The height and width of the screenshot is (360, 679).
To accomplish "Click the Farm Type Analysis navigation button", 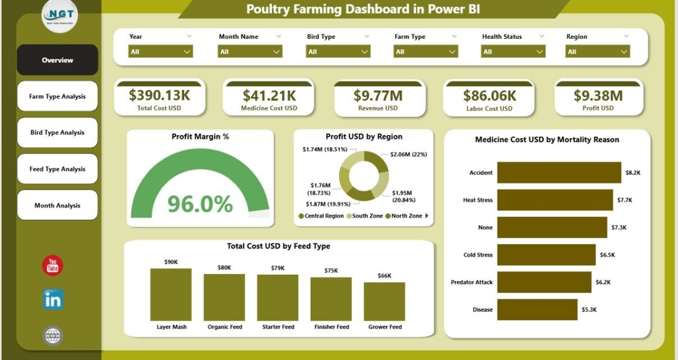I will click(x=57, y=96).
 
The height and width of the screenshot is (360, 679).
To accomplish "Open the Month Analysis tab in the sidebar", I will click(x=57, y=205).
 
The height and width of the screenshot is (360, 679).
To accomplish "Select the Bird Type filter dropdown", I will click(x=338, y=52).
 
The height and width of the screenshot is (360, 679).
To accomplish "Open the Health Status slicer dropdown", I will click(x=513, y=52).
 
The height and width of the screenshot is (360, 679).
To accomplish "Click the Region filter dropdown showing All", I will click(x=598, y=52).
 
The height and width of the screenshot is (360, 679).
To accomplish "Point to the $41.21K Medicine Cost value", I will click(x=269, y=95).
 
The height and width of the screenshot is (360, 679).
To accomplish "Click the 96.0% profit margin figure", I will click(x=200, y=204).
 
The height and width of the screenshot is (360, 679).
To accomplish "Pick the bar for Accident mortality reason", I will click(x=559, y=173).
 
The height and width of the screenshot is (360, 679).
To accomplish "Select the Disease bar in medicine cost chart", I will click(x=537, y=310).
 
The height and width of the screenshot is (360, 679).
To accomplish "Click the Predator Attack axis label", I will click(x=471, y=282).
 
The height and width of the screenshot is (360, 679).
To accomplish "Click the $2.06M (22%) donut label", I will click(x=409, y=154).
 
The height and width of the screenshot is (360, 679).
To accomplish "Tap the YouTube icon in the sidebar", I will click(x=53, y=265).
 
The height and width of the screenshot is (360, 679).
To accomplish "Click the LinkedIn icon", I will click(x=53, y=300).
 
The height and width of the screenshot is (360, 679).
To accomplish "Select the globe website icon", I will click(x=53, y=336).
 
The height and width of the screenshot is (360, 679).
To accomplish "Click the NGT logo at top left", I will click(x=59, y=16).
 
